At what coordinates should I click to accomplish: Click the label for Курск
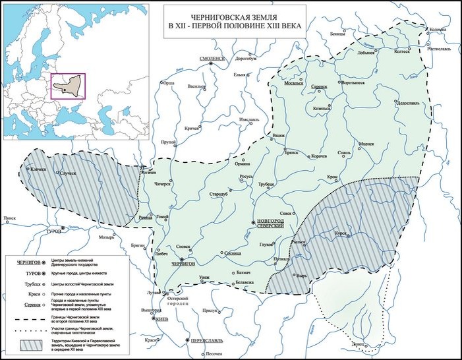coord(340,232)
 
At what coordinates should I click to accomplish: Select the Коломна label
coord(438,30)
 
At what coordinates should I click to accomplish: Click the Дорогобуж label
coord(245,58)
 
